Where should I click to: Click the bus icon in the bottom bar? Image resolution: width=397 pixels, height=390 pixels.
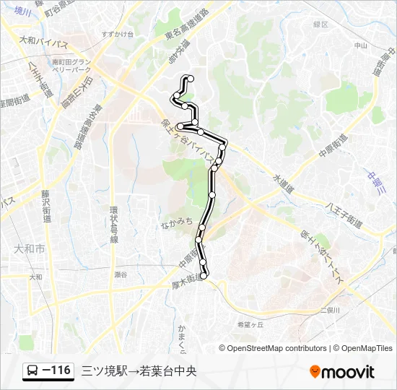pos(33,371)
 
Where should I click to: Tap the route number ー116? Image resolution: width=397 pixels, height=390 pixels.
pos(57,371)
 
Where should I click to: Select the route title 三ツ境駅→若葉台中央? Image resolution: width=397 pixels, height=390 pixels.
pos(139,371)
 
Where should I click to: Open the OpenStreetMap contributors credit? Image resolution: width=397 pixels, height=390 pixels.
pos(277,348)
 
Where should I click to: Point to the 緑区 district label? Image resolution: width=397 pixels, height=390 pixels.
pos(320,24)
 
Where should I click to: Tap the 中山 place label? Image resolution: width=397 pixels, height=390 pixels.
pos(361,45)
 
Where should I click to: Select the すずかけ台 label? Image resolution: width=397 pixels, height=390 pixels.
pos(118,34)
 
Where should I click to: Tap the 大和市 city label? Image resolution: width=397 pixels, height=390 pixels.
pos(29,248)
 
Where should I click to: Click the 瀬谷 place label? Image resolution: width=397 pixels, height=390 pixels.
pos(120,274)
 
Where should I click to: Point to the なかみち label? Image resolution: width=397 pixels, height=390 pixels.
pos(177,222)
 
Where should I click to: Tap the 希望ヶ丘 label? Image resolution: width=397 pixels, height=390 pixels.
pos(250,324)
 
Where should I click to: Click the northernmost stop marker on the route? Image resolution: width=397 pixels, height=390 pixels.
pos(190,78)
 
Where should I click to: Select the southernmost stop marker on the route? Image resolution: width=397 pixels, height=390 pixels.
pos(204,274)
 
